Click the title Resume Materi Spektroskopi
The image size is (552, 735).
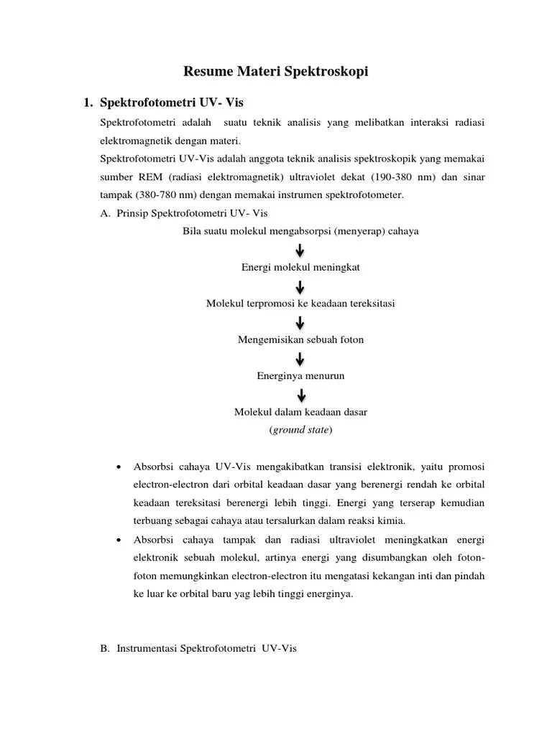tap(276, 72)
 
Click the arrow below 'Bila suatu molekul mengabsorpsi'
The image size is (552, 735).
tap(300, 250)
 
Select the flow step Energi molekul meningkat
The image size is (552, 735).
tap(300, 267)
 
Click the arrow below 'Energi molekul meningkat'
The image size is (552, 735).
tap(300, 286)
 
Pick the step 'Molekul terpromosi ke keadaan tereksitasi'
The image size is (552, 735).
tap(300, 304)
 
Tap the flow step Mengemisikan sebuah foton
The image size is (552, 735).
tap(300, 340)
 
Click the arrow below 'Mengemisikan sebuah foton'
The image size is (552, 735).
tap(300, 358)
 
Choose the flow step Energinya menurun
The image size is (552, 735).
tap(300, 375)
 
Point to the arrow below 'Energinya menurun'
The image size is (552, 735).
tap(300, 395)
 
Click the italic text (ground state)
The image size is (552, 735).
tap(300, 431)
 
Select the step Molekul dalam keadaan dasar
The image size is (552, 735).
tap(300, 413)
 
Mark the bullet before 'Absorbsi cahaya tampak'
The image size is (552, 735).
tap(118, 539)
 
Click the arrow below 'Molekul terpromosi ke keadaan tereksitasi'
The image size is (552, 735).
tap(300, 322)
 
